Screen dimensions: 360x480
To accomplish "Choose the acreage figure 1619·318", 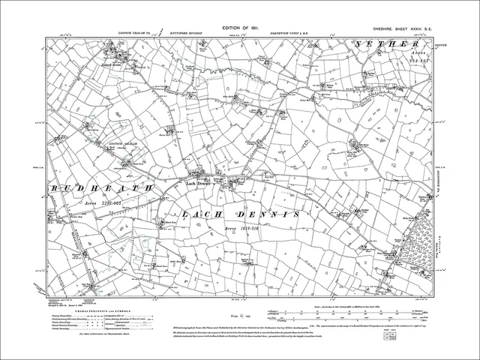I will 244,229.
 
